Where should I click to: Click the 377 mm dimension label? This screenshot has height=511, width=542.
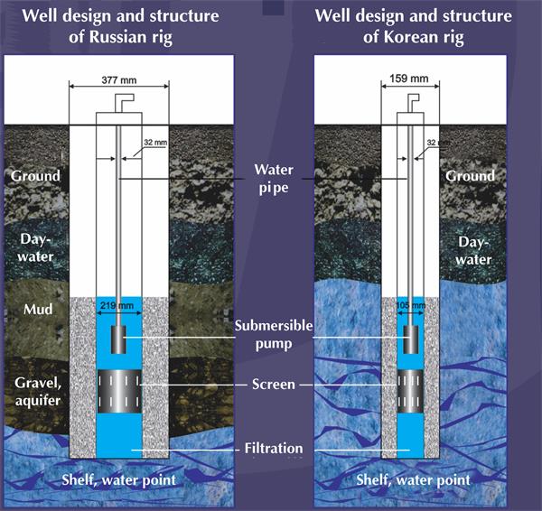[x=119, y=79]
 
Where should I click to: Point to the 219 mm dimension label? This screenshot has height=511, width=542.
[x=119, y=306]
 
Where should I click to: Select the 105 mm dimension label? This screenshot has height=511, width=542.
[x=411, y=306]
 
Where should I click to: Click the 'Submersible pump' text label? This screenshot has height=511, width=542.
[x=271, y=333]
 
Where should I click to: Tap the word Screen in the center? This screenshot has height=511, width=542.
[x=271, y=385]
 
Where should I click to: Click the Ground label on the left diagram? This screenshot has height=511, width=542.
[x=35, y=176]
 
